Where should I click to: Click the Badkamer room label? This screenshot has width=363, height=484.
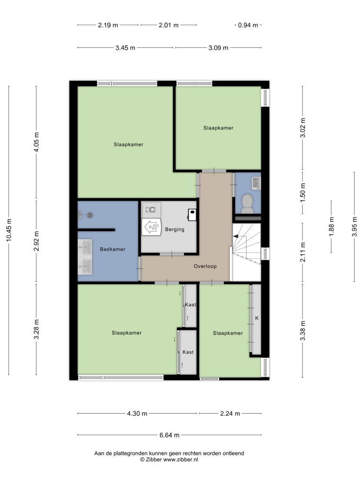pos(112,249)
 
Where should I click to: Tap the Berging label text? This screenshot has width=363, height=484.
pos(175,229)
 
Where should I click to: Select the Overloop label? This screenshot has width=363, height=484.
pos(205,266)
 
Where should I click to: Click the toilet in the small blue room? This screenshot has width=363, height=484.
pos(247,204)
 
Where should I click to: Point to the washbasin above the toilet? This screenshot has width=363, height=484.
pos(257,183)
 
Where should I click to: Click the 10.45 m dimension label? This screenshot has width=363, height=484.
pos(9,230)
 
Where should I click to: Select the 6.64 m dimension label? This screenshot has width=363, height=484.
pos(170,435)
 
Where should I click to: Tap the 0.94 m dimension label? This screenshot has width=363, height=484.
pos(248,26)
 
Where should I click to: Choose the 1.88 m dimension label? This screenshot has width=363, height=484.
pos(331,227)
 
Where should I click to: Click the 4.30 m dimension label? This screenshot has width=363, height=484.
pos(137,413)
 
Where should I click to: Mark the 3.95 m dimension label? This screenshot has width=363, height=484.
pos(354,227)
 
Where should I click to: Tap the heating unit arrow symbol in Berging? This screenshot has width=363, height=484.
pos(152,227)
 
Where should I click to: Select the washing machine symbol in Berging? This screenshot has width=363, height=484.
pos(150,209)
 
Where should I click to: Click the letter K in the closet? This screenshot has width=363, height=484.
pos(257,318)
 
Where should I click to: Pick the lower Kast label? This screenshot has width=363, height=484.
pos(188,352)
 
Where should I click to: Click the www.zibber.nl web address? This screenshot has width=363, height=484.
pos(181,459)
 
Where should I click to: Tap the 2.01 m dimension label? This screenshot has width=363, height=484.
pos(169,26)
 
